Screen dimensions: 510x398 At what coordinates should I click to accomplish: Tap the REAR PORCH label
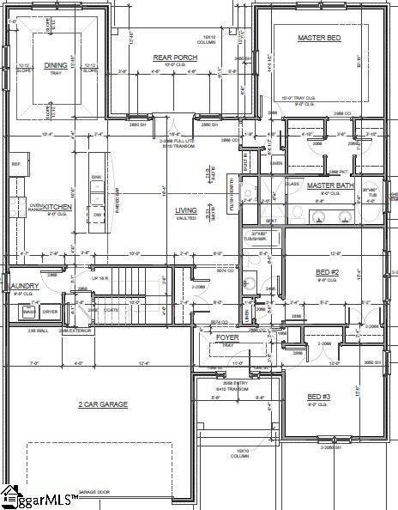[175, 57]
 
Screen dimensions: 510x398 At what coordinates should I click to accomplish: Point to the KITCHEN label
[57, 207]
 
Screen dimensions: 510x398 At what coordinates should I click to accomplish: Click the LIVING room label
[186, 210]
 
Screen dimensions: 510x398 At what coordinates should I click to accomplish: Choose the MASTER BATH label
[331, 185]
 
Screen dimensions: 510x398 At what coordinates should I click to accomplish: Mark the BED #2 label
[329, 271]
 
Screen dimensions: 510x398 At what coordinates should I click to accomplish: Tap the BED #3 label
[319, 396]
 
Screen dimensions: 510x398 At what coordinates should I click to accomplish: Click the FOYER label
[228, 337]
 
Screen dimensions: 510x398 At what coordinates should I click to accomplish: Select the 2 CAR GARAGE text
[103, 404]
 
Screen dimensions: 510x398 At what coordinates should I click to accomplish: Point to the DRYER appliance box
[51, 312]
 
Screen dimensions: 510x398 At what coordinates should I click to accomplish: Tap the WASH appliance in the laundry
[28, 312]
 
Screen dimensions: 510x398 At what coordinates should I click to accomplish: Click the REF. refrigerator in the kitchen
[15, 163]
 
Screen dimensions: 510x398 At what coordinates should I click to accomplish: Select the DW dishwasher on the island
[98, 191]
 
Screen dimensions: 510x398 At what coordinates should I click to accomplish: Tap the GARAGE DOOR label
[94, 492]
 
